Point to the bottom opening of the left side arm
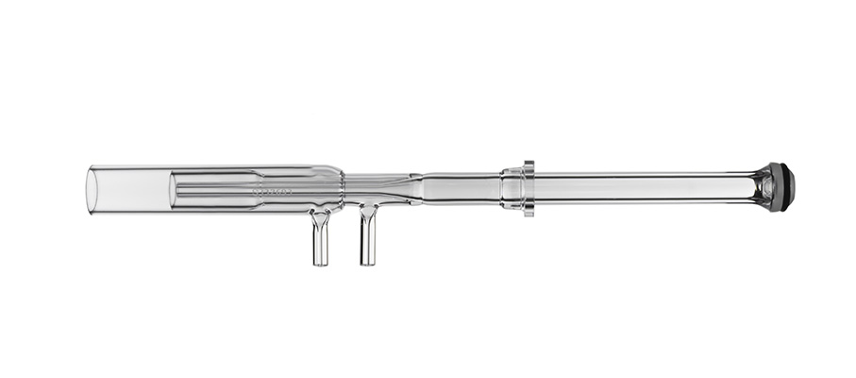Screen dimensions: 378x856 pos(321,263)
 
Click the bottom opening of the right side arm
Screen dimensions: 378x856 pos(368,262)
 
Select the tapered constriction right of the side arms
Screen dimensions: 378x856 pos(400,186)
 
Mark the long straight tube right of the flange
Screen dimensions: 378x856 pos(642,187)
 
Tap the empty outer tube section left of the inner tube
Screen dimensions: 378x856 pos(132,189)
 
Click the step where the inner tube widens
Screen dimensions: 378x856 pos(259,189)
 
